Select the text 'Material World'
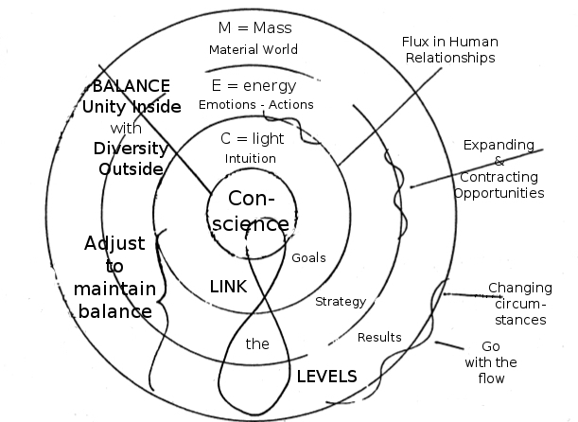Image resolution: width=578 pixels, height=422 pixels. pyautogui.click(x=253, y=49)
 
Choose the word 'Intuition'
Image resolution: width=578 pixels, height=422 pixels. pyautogui.click(x=251, y=158)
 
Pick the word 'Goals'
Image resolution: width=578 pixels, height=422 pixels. pyautogui.click(x=308, y=257)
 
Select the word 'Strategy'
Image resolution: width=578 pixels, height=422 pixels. pyautogui.click(x=340, y=301)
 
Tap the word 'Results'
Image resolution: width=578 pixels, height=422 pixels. pyautogui.click(x=379, y=337)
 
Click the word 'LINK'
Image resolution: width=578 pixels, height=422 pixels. pyautogui.click(x=228, y=286)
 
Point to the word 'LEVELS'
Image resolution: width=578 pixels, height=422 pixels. pyautogui.click(x=326, y=376)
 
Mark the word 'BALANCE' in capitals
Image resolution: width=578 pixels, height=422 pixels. pyautogui.click(x=131, y=83)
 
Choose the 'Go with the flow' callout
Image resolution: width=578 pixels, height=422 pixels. pyautogui.click(x=492, y=362)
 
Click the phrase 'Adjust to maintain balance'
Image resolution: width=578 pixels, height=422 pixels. pyautogui.click(x=115, y=277)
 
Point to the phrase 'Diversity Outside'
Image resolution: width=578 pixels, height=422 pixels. pyautogui.click(x=131, y=158)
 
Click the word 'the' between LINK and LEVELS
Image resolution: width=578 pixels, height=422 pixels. pyautogui.click(x=257, y=343)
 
